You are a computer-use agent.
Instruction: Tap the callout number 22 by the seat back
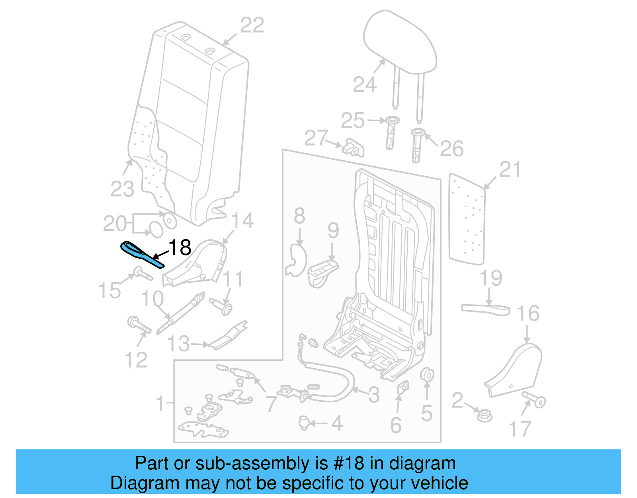coord(252,26)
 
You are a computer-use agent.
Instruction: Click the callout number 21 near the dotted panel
coord(510,169)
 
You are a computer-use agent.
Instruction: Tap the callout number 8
coord(299,216)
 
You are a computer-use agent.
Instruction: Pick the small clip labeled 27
coord(353,148)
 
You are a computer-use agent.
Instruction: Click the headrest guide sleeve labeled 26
coord(417,146)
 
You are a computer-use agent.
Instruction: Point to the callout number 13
coord(178,344)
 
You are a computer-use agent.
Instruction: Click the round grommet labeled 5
coord(427,375)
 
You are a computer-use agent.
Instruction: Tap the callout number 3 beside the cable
coord(373,395)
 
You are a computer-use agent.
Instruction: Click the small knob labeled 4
coord(304,423)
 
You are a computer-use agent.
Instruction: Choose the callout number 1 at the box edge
coord(160,404)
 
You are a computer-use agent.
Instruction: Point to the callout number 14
coord(242,220)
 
